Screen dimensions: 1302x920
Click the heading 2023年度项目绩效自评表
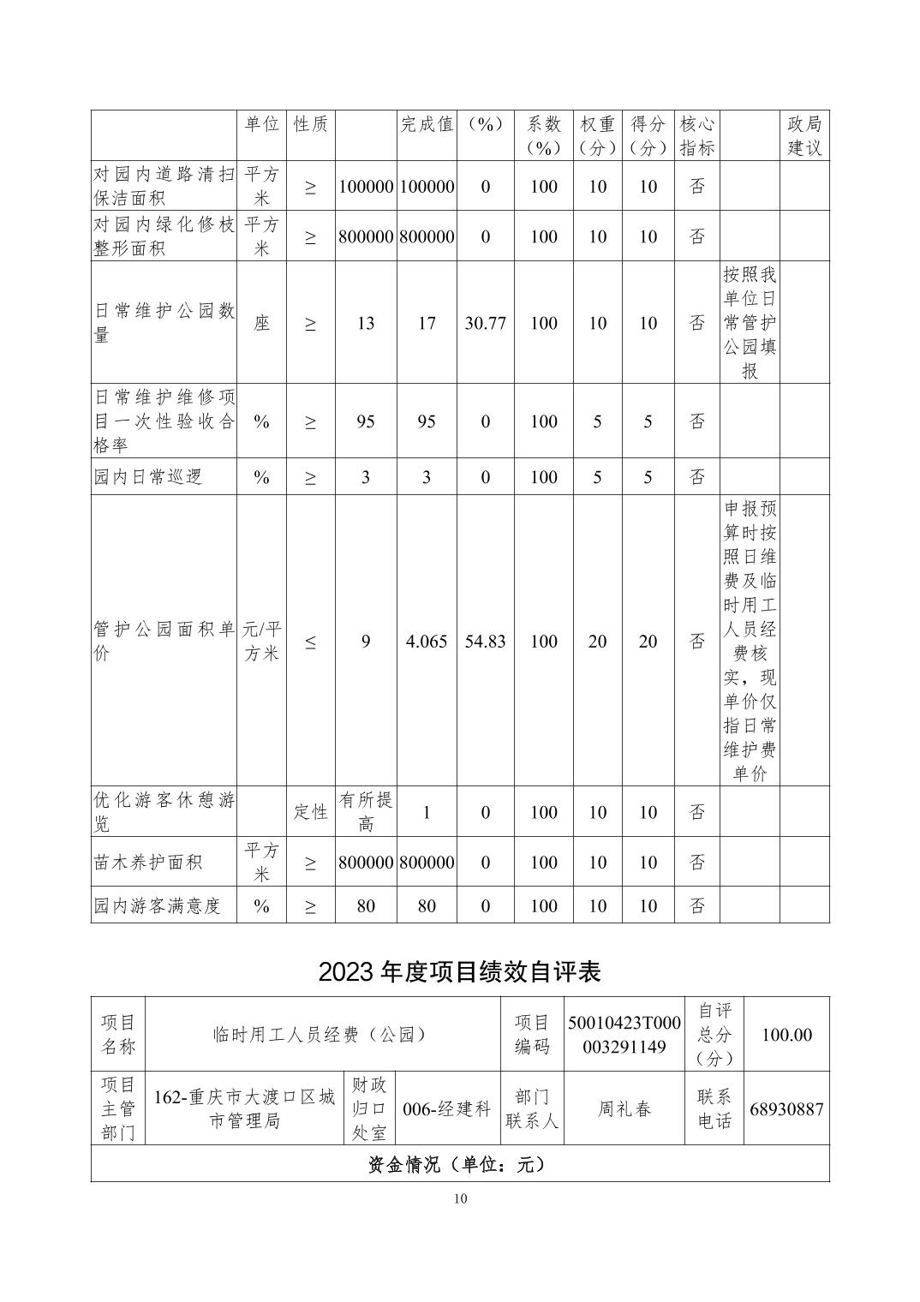[x=459, y=971]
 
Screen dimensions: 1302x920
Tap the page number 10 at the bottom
[x=460, y=1198]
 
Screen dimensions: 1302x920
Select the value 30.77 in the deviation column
[x=485, y=323]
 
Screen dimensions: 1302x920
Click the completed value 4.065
[x=427, y=641]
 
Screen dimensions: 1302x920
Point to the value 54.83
[x=485, y=641]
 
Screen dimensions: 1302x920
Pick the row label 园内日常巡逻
[x=148, y=477]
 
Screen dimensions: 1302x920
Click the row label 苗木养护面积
[x=148, y=862]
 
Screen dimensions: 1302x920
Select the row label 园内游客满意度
[x=158, y=905]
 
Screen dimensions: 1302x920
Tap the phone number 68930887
[x=786, y=1108]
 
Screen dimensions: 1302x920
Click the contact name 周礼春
[x=624, y=1108]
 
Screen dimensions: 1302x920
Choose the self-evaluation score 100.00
[x=786, y=1035]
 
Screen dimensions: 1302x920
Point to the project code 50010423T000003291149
[x=624, y=1035]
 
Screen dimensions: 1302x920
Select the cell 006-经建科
[x=447, y=1108]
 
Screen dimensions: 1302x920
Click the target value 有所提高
[x=366, y=811]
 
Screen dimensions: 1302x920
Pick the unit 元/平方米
[x=261, y=641]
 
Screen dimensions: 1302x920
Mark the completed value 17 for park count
[x=427, y=323]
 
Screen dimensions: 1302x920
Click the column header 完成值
[x=427, y=124]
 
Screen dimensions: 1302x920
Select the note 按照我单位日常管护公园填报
[x=750, y=323]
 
